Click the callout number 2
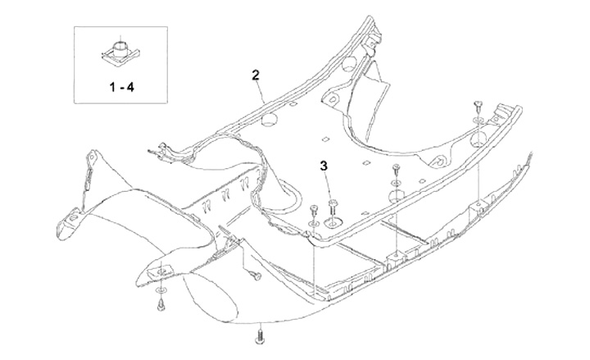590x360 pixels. coord(256,75)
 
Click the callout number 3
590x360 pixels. coord(324,166)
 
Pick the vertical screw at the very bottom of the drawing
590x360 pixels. coord(261,335)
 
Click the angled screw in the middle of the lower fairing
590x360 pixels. coord(253,276)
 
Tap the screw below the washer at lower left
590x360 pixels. coord(161,306)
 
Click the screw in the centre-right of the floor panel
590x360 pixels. coord(397,170)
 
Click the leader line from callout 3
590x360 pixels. coord(328,183)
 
